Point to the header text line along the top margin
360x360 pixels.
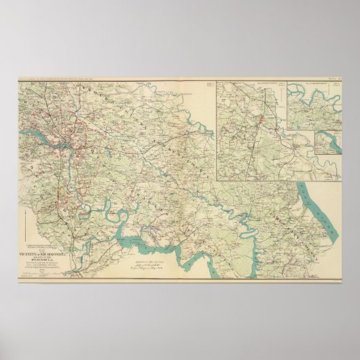tap(136, 84)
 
